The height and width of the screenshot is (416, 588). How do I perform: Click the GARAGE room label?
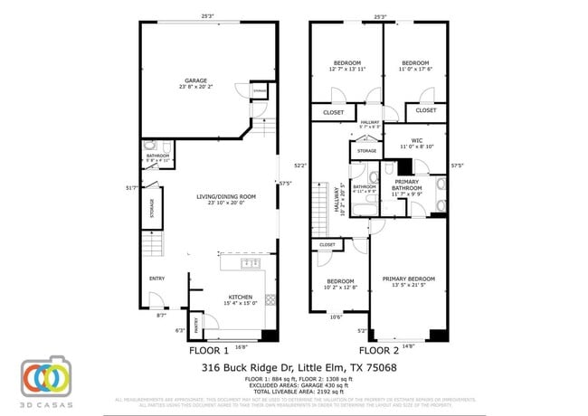(x=185, y=81)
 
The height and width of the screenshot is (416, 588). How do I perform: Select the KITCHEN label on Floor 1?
(x=240, y=298)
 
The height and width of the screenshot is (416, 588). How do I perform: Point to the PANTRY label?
(x=194, y=320)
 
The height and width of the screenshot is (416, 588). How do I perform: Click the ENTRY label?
(x=157, y=279)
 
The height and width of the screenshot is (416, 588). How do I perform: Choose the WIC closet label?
(x=416, y=140)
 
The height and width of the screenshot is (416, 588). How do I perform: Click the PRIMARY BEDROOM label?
(x=408, y=279)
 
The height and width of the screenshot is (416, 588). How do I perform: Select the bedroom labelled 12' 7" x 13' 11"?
(x=347, y=63)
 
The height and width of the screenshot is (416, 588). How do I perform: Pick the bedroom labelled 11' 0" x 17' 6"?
(x=415, y=63)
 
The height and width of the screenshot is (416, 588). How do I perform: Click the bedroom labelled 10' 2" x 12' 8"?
(x=341, y=282)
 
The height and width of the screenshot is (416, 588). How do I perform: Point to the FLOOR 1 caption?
(x=209, y=350)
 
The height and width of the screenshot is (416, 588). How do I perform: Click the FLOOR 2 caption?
(x=379, y=350)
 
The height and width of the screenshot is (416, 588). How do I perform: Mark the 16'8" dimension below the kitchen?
(x=241, y=346)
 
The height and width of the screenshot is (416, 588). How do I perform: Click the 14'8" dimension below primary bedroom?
(x=408, y=346)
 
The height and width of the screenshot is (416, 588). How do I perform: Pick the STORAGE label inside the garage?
(x=260, y=91)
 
